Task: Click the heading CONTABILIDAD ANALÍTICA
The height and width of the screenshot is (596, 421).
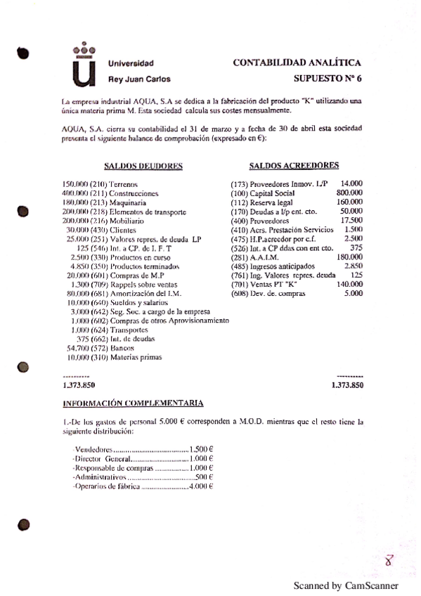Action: [297, 63]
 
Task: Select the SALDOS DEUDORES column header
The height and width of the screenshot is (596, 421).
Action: [143, 167]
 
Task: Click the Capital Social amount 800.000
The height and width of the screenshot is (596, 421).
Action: [349, 193]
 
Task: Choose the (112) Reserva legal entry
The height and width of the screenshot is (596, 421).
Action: [268, 202]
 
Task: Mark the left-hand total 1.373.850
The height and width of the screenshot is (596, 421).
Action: [79, 385]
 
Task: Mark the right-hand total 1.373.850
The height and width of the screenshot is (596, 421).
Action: [346, 385]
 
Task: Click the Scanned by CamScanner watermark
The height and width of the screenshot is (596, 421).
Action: [345, 585]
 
